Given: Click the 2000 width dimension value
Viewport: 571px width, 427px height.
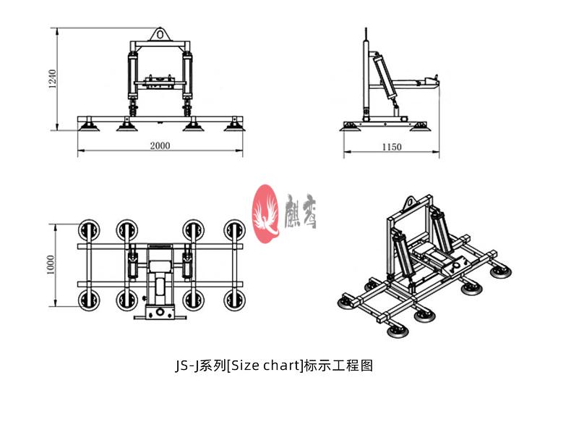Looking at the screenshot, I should tap(160, 145).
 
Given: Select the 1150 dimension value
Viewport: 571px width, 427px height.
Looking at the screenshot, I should tap(391, 147).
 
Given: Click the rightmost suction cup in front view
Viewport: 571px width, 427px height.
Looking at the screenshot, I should tap(233, 127).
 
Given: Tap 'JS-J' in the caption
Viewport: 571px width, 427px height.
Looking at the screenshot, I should tap(186, 365).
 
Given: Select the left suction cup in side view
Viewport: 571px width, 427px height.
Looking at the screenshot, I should tap(353, 127).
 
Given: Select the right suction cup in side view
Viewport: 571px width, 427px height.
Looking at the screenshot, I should tap(418, 127).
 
